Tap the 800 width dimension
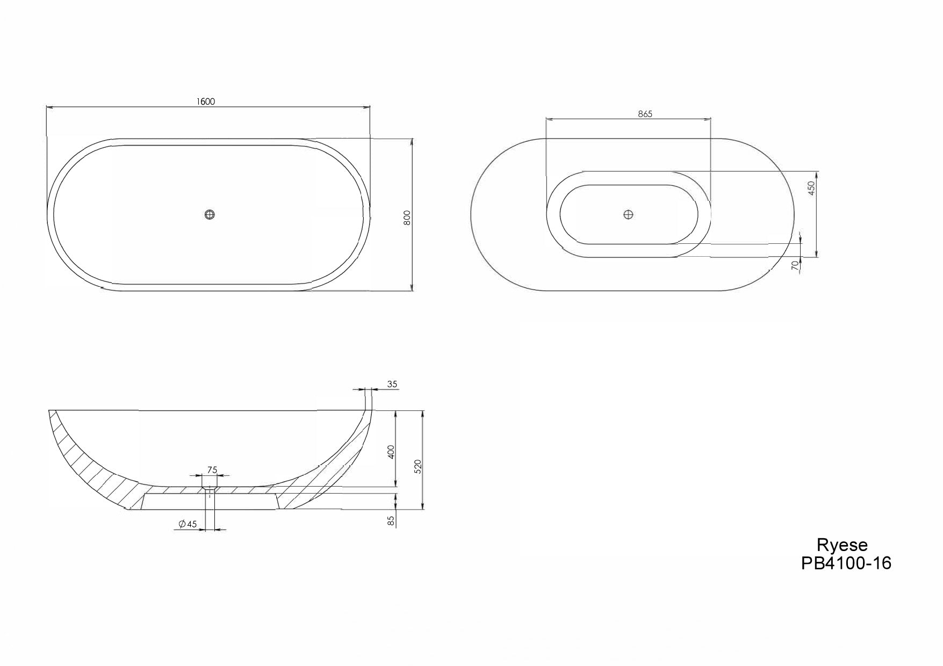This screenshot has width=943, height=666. pyautogui.click(x=407, y=217)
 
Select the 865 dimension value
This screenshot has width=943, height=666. pyautogui.click(x=645, y=114)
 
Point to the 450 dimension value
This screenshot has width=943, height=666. pyautogui.click(x=811, y=187)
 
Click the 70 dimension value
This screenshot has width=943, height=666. pyautogui.click(x=795, y=264)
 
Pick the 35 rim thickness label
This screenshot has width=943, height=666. pyautogui.click(x=392, y=384)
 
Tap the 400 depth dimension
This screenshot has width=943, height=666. pyautogui.click(x=391, y=451)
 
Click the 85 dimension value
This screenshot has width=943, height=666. pyautogui.click(x=391, y=520)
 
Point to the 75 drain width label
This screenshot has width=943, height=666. pyautogui.click(x=212, y=470)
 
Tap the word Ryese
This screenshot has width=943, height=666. pyautogui.click(x=842, y=545)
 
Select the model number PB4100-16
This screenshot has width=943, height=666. pyautogui.click(x=846, y=563)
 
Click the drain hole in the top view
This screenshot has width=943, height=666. pyautogui.click(x=210, y=215)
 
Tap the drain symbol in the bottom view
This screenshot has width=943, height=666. pyautogui.click(x=628, y=215)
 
